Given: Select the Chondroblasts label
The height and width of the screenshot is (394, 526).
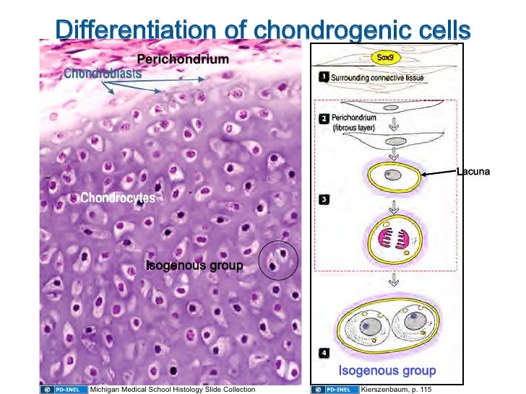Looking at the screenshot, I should (x=102, y=74).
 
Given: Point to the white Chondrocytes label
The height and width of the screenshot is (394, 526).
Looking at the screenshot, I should (x=117, y=198).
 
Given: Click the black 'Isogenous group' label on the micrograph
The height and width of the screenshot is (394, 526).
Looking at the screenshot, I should (x=194, y=266).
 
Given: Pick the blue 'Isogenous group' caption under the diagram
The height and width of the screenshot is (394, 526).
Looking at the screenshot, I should (x=387, y=371).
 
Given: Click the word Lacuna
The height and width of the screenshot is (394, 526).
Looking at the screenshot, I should (x=473, y=172).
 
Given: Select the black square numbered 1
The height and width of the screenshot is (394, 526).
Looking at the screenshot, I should (x=324, y=75).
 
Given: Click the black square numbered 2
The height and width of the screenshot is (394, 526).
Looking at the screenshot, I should (x=324, y=117).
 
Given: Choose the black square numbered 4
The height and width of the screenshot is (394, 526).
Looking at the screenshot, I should (x=324, y=354).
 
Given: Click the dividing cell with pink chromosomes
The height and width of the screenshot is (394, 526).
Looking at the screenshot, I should (x=394, y=243).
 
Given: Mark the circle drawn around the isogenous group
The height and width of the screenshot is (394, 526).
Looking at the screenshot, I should (x=279, y=261).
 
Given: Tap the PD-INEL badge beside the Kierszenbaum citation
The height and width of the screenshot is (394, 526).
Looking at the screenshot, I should (x=334, y=390).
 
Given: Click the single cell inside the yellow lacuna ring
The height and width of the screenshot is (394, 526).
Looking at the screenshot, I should (x=394, y=175).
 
